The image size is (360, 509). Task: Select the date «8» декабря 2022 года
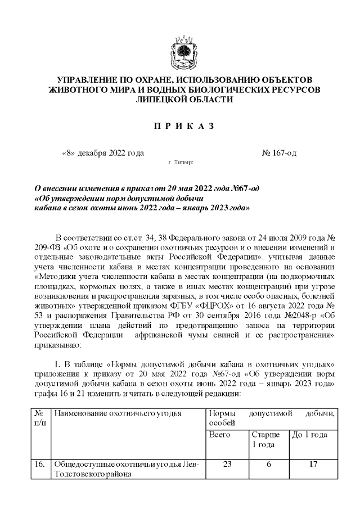click(102, 153)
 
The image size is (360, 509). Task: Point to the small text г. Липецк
click(181, 162)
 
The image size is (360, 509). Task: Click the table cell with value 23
click(227, 465)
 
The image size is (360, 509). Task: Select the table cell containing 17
click(313, 465)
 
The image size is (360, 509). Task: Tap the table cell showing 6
click(269, 465)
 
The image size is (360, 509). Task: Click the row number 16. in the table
click(40, 465)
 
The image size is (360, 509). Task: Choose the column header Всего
click(219, 435)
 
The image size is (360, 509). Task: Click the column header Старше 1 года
click(263, 440)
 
